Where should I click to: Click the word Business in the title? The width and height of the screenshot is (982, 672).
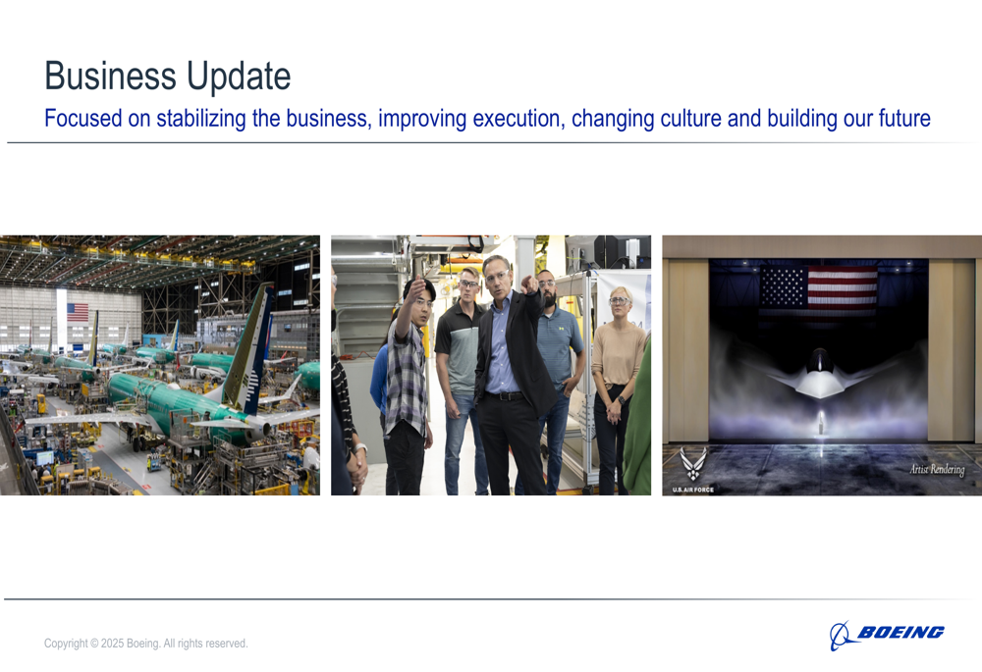(110, 77)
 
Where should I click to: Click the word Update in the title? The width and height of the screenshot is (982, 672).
(239, 78)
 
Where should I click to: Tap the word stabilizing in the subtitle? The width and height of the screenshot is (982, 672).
(201, 119)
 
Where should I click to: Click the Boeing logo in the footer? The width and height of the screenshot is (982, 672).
(887, 635)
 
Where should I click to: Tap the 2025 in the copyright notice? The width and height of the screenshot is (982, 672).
(113, 644)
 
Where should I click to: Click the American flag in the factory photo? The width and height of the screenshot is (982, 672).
(78, 312)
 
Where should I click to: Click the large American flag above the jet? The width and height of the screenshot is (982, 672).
(818, 292)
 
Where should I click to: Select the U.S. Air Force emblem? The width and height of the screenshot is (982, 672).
(693, 469)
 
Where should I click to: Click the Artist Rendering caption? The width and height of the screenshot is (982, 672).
(937, 469)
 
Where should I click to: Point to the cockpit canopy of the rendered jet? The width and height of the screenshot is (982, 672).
(819, 361)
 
